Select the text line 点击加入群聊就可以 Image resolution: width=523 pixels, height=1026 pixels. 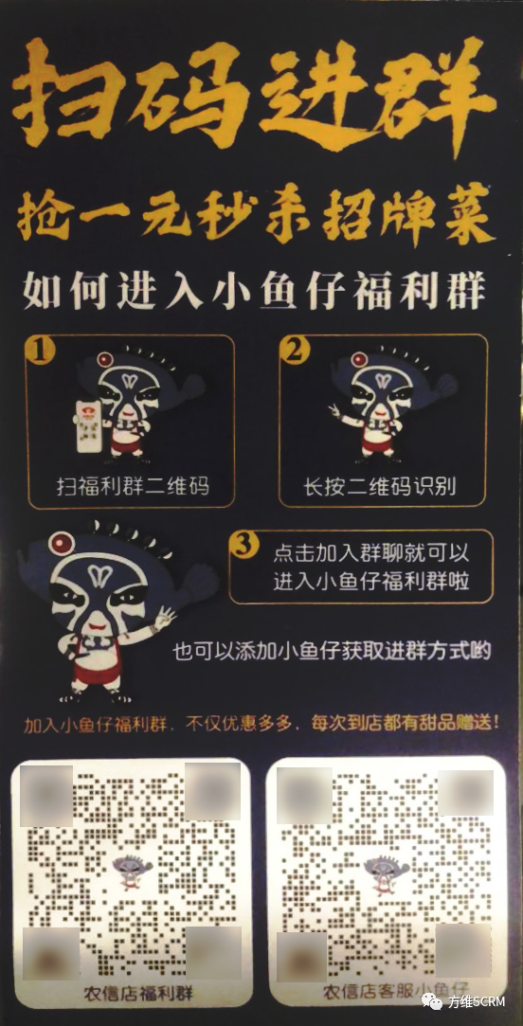tap(370, 555)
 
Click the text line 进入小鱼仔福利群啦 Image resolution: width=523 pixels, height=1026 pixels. tap(370, 581)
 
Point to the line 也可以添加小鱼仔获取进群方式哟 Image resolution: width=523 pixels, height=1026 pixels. tap(332, 651)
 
